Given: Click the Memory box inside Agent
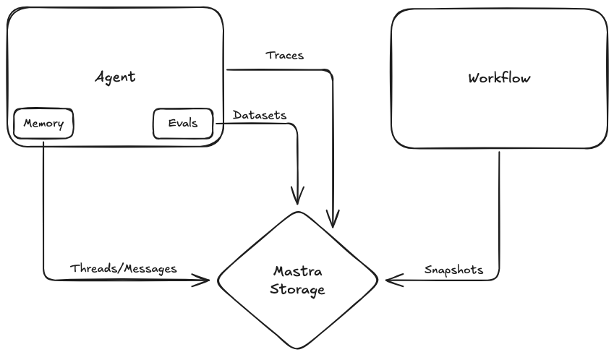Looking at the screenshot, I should pos(43,124).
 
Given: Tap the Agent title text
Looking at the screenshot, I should pos(115,77).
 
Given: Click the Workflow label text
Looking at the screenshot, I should pos(499,78).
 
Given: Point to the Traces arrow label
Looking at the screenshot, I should pos(284,55).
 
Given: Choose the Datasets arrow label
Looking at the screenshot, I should pos(259,115).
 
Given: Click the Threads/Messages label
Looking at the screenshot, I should pos(123,268).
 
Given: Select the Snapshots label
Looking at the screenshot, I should pos(453,270).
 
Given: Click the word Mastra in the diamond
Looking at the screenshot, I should pos(297,272).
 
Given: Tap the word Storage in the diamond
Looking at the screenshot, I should pos(297,290).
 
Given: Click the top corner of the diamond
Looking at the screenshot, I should pos(297,212).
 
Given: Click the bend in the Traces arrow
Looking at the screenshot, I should pos(332,72).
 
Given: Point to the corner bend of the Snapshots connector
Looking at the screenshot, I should pos(498,278).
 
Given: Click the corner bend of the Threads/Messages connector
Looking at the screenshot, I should pos(45,278).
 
